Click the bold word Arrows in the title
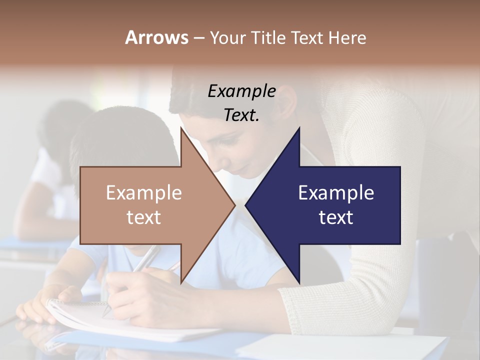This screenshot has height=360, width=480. [x=156, y=37]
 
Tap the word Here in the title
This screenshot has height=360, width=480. [x=347, y=37]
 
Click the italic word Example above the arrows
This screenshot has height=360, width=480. [x=241, y=91]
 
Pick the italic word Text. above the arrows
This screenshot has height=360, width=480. [x=241, y=115]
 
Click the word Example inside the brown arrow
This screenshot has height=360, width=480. [x=143, y=193]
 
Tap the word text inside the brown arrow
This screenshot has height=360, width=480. [x=143, y=217]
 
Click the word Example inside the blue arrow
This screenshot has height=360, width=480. [x=336, y=193]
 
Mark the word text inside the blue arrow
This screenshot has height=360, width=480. [x=336, y=217]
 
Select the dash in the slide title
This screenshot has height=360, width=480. [x=198, y=38]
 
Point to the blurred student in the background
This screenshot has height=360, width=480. [x=50, y=165]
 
